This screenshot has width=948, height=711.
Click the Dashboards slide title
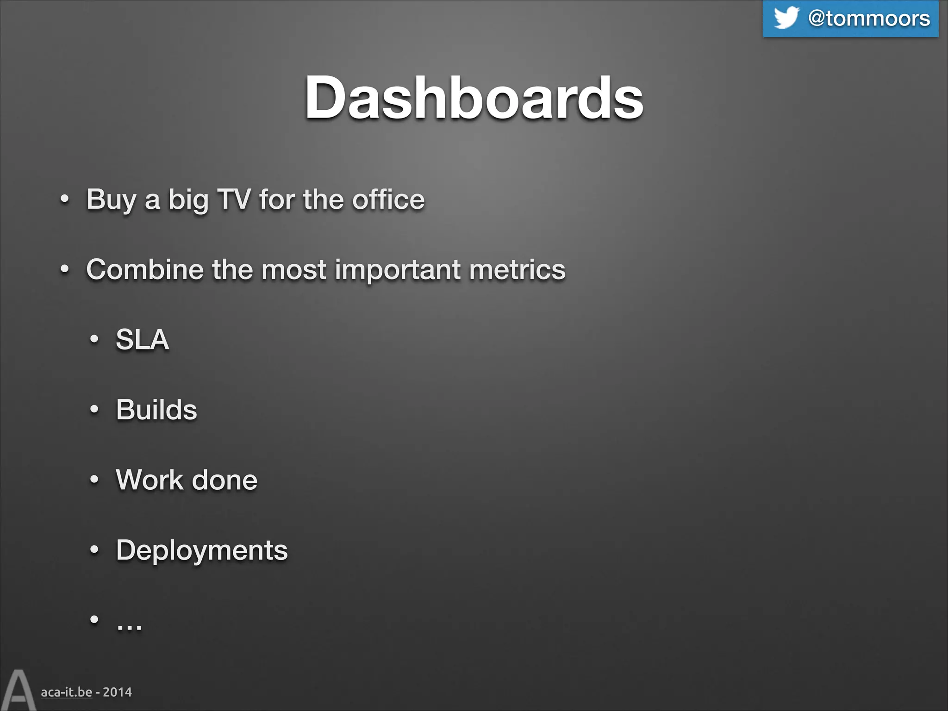pos(474,98)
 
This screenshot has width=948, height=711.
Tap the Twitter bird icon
pos(786,18)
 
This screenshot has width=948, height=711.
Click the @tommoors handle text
pos(869,19)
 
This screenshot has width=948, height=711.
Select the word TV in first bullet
pos(234,199)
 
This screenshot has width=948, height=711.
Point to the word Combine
pos(144,269)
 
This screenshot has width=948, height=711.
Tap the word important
pos(398,270)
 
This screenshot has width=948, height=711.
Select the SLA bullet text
pos(142,339)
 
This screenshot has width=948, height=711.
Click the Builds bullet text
pos(156,410)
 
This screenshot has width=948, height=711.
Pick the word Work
pos(149,480)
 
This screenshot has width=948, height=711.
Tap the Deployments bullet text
pos(202,550)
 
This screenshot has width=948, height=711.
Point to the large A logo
pos(18,691)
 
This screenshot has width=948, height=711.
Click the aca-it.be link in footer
pos(66,692)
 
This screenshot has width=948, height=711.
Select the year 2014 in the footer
pos(117,692)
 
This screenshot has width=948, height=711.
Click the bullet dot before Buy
pos(65,200)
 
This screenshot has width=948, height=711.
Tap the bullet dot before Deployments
pos(94,550)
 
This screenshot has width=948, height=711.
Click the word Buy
pos(111,200)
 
